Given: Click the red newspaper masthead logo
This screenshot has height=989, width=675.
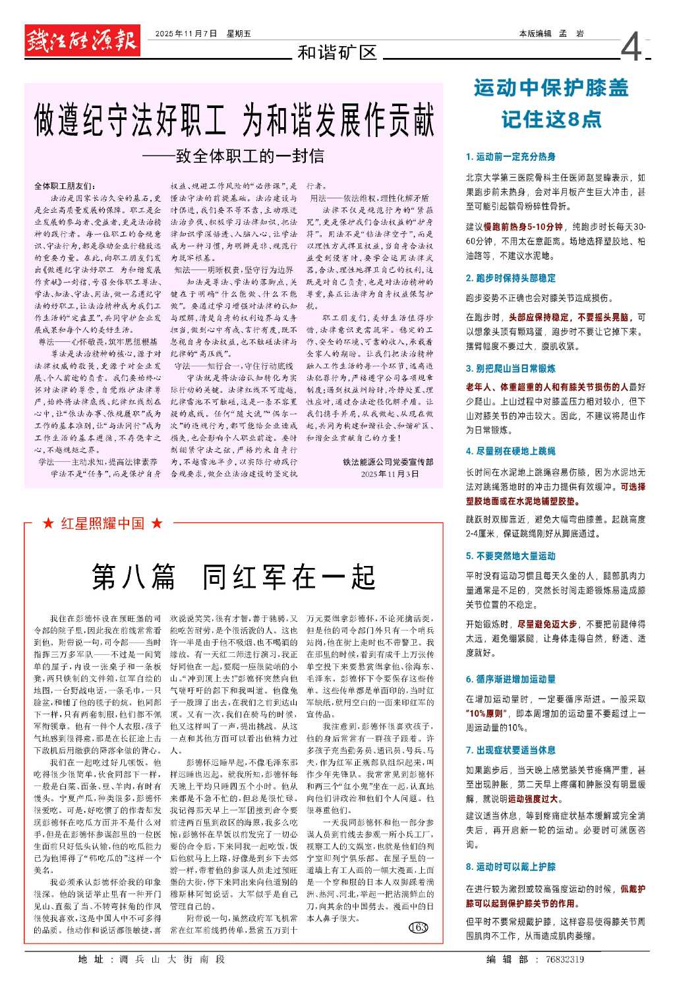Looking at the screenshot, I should click(82, 42).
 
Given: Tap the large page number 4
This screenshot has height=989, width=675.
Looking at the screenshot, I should click(631, 47).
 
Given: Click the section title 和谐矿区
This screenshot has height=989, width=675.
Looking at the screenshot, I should click(336, 53).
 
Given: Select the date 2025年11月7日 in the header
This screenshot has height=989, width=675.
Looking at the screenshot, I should click(186, 34).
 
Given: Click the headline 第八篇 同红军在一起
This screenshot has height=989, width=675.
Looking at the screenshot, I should click(233, 577).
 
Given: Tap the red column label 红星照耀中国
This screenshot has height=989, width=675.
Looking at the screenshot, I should click(102, 524).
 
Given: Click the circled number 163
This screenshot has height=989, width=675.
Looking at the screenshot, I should click(419, 928).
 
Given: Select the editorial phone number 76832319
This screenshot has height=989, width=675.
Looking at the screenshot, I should click(565, 959).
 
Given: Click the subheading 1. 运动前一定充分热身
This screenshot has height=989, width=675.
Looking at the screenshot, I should click(511, 157).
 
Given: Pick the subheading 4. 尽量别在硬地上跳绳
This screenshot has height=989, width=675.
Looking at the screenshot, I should click(511, 451).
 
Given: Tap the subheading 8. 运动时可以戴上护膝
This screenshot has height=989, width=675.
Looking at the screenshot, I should click(511, 866).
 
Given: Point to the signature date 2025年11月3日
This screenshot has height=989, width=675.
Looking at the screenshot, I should click(390, 474).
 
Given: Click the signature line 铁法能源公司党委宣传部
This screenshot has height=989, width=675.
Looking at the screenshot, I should click(388, 462).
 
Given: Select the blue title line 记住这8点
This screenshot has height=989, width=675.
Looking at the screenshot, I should click(551, 119).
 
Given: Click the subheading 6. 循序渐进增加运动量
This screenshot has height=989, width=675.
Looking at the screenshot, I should click(511, 679).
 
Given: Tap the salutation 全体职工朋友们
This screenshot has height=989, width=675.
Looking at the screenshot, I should click(65, 186).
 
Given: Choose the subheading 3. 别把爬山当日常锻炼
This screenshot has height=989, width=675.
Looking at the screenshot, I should click(511, 368).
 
